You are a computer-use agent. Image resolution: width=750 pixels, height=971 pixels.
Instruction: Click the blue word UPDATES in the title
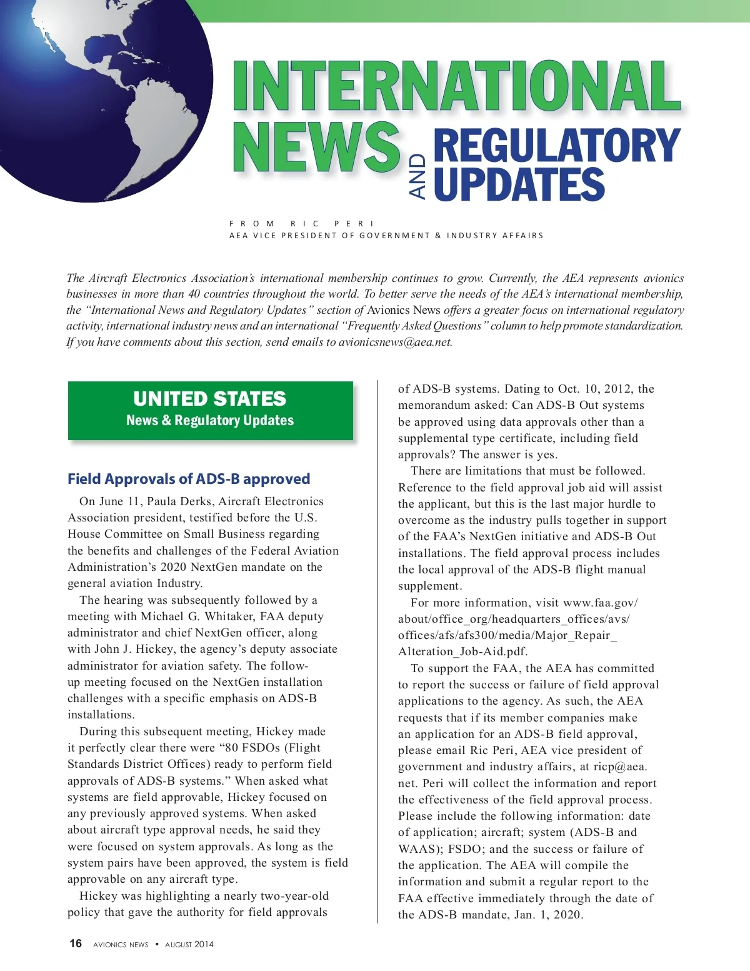coord(519,184)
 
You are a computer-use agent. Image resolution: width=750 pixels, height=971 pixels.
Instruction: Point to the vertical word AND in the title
coord(417,176)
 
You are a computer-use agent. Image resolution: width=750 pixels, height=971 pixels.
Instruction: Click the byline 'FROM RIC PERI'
coord(302,223)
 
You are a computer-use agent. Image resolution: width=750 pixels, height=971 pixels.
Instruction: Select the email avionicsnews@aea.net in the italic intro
coord(394,342)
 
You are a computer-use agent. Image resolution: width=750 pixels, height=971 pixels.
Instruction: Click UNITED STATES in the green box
coord(210,399)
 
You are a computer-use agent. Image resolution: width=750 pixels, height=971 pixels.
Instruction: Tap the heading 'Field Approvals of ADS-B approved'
coord(189,479)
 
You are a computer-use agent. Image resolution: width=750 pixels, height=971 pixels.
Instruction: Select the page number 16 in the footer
coord(76,943)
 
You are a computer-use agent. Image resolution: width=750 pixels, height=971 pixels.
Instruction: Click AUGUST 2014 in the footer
coord(189,944)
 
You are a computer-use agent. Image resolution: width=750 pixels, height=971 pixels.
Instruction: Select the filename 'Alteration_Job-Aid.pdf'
coord(462,652)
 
